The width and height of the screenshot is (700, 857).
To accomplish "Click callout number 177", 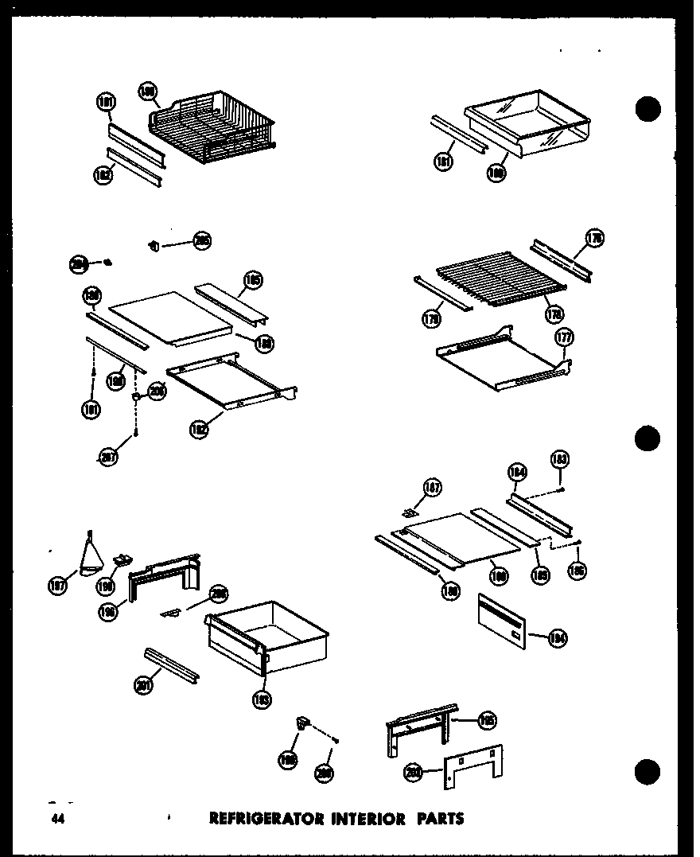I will [x=564, y=338].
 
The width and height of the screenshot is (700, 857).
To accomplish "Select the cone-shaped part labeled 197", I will [x=92, y=552].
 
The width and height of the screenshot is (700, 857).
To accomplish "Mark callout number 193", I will [x=263, y=699].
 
